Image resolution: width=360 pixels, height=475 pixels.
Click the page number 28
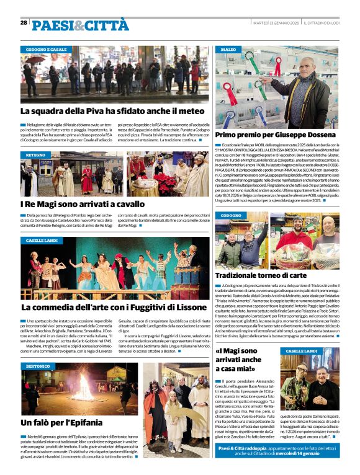coord(23,23)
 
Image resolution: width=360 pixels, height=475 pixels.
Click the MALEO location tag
coord(228,49)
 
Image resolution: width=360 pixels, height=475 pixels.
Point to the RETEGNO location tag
coord(36,154)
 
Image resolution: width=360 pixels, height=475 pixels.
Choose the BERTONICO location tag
coord(38,367)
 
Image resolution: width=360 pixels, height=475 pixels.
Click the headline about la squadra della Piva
coord(112,112)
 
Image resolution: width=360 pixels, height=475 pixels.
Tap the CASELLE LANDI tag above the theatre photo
coord(42,240)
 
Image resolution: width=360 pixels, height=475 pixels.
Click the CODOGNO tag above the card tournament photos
coord(231,215)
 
